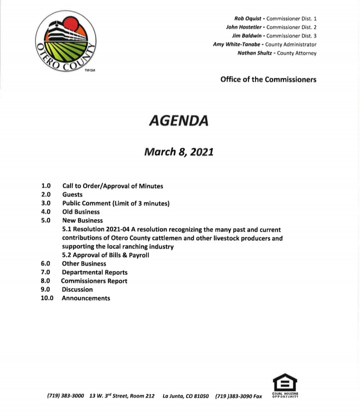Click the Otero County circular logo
67,41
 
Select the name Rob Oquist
248,18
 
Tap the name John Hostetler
245,27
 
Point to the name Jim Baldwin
248,35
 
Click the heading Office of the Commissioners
268,79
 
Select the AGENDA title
178,120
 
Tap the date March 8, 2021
178,151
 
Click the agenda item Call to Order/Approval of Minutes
112,186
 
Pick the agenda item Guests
72,195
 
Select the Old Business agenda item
81,212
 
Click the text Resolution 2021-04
100,229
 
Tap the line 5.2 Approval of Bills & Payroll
105,255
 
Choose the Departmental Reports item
94,273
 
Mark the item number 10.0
47,298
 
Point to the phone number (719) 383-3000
65,396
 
